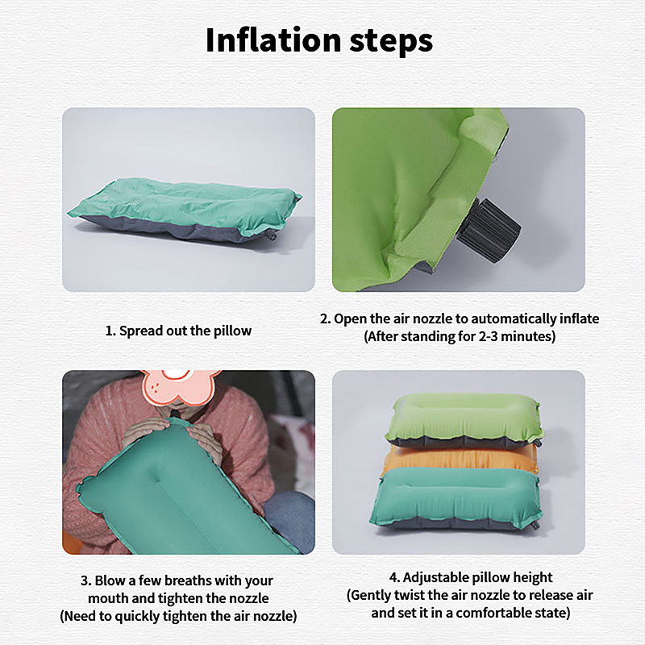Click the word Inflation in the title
click(273, 40)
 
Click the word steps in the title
click(391, 42)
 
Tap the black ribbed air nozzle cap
click(489, 229)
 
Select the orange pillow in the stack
click(460, 459)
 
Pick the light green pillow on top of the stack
click(464, 419)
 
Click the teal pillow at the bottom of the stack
click(456, 498)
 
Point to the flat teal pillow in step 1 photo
click(185, 210)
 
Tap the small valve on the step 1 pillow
click(272, 235)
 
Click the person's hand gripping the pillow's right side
click(205, 441)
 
